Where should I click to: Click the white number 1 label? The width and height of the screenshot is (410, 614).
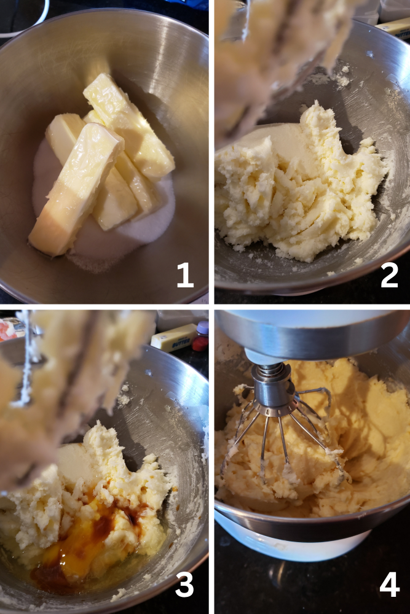pyautogui.click(x=185, y=276)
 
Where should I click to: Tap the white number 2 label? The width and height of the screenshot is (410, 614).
pyautogui.click(x=389, y=276)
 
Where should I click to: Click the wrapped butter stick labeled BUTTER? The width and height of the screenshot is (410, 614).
pyautogui.click(x=174, y=337)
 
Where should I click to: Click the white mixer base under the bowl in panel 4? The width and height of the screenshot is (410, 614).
pyautogui.click(x=295, y=540)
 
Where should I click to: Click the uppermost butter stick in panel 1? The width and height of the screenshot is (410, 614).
pyautogui.click(x=129, y=123)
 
